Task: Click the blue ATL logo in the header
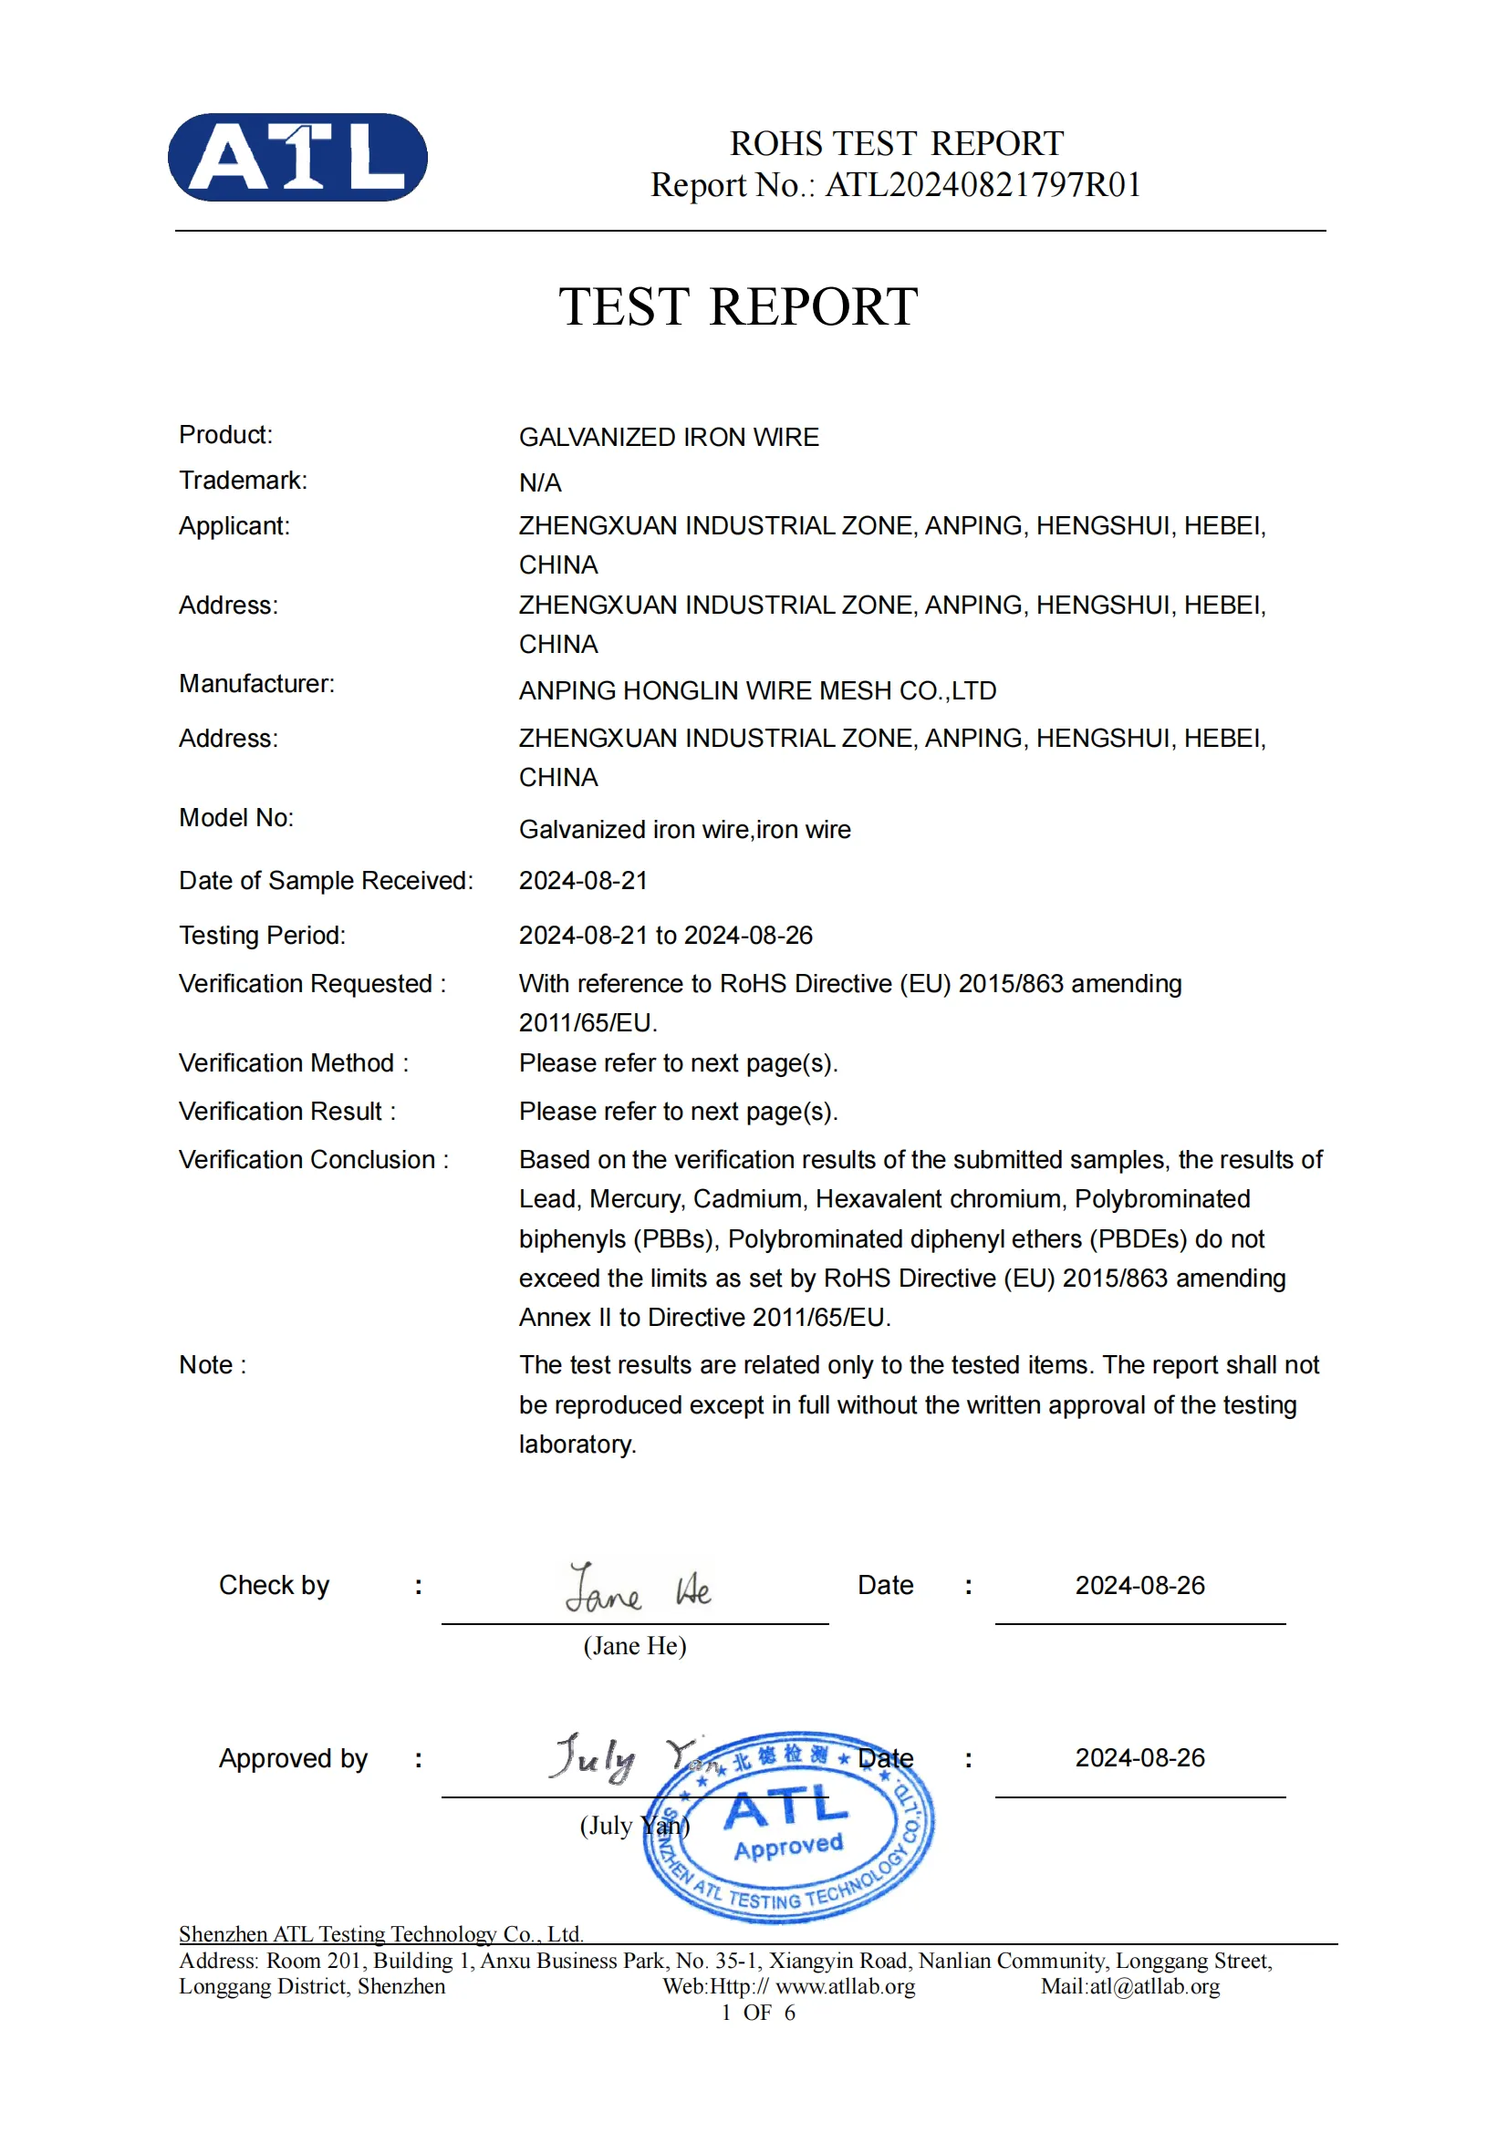click(297, 157)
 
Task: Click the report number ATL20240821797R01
click(983, 185)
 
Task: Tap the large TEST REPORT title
click(738, 306)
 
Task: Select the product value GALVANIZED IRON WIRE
click(668, 437)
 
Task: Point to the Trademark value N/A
click(540, 483)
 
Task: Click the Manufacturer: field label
click(256, 684)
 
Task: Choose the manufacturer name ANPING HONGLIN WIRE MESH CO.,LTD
click(757, 690)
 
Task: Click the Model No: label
click(236, 817)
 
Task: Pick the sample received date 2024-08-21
click(583, 881)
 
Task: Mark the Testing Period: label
click(262, 935)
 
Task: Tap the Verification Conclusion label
click(313, 1159)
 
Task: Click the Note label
click(212, 1365)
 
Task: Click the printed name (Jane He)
click(635, 1646)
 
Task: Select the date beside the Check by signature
click(1139, 1585)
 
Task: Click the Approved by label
click(293, 1758)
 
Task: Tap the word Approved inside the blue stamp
click(788, 1847)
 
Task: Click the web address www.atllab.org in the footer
click(845, 1986)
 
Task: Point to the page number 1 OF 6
click(757, 2013)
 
